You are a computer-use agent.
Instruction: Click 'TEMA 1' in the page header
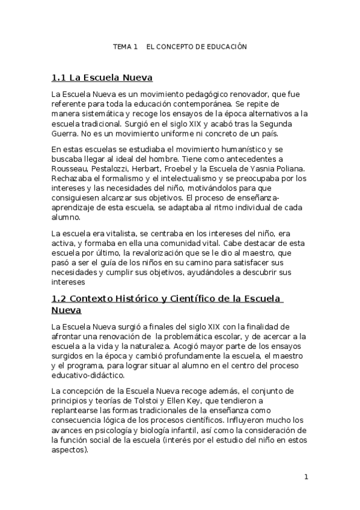tap(126, 46)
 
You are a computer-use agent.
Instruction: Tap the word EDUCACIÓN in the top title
tap(226, 46)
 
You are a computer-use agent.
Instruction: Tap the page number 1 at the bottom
tap(306, 477)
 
